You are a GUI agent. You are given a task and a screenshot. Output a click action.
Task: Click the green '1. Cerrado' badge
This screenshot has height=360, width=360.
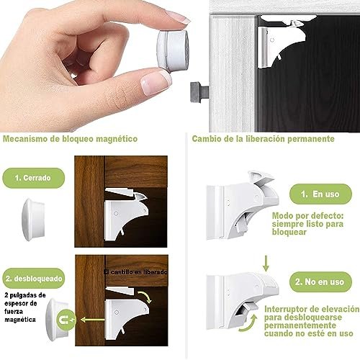click(x=33, y=178)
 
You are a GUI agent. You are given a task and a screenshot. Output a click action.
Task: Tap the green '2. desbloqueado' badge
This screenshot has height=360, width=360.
click(x=34, y=279)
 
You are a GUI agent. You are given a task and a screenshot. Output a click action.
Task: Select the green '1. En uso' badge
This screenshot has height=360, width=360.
click(x=320, y=194)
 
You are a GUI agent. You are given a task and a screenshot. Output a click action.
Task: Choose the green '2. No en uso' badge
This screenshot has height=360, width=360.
click(x=320, y=282)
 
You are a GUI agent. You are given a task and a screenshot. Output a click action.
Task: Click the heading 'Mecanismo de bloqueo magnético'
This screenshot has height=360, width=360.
click(x=70, y=139)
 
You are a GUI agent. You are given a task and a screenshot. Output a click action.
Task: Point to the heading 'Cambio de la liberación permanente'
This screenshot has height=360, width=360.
click(x=263, y=139)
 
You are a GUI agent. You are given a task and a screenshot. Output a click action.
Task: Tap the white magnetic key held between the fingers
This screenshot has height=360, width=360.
click(x=174, y=51)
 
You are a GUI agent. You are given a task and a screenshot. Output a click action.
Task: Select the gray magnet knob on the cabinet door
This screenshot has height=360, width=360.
click(x=199, y=92)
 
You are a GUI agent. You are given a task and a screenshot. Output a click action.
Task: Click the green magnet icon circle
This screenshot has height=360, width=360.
click(x=66, y=320)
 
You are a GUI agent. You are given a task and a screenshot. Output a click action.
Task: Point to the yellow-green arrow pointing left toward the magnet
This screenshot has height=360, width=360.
click(x=92, y=320)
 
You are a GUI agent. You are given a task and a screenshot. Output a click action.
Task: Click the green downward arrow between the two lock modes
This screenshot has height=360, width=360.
click(x=266, y=264)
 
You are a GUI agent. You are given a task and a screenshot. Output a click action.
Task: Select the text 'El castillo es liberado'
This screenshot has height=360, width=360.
click(x=135, y=272)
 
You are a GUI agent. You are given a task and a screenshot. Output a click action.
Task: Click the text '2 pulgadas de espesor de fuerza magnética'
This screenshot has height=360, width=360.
click(x=24, y=307)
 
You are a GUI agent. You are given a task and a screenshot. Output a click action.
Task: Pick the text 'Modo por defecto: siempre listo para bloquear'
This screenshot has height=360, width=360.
click(x=307, y=224)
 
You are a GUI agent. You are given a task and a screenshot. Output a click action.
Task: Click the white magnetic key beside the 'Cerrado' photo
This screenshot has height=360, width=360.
click(x=33, y=220)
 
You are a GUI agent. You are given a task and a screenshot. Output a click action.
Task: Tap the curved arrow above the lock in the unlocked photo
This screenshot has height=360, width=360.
click(x=145, y=297)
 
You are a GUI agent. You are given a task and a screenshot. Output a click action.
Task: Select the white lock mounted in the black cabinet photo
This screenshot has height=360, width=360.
click(x=283, y=41)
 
